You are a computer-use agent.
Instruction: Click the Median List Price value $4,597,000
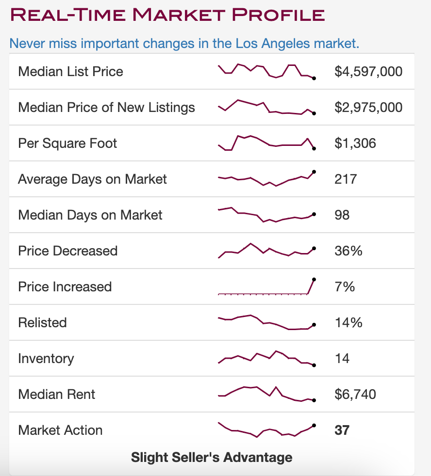pos(368,72)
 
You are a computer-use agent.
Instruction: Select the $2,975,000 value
pos(368,108)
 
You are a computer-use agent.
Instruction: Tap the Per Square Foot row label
pos(67,143)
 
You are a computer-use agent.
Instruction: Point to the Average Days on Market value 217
pos(346,179)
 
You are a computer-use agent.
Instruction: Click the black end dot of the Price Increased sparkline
pos(314,279)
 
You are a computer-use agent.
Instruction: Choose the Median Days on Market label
pos(90,215)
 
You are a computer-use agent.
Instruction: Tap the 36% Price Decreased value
pos(348,251)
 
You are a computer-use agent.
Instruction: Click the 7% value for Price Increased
pos(345,286)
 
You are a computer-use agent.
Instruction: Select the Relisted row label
pos(43,322)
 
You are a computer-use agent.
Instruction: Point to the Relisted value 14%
pos(348,322)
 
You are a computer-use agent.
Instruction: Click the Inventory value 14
pos(342,358)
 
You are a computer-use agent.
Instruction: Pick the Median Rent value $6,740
pos(355,394)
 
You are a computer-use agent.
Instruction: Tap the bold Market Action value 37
pos(342,430)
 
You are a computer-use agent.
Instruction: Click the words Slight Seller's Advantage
pos(212,457)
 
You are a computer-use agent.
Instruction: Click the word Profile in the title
pos(278,15)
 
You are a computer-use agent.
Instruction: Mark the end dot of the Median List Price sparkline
pos(314,79)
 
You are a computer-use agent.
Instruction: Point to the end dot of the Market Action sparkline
pos(314,425)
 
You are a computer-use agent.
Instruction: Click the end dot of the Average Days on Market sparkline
pos(314,172)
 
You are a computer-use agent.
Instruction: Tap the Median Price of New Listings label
pos(106,108)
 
